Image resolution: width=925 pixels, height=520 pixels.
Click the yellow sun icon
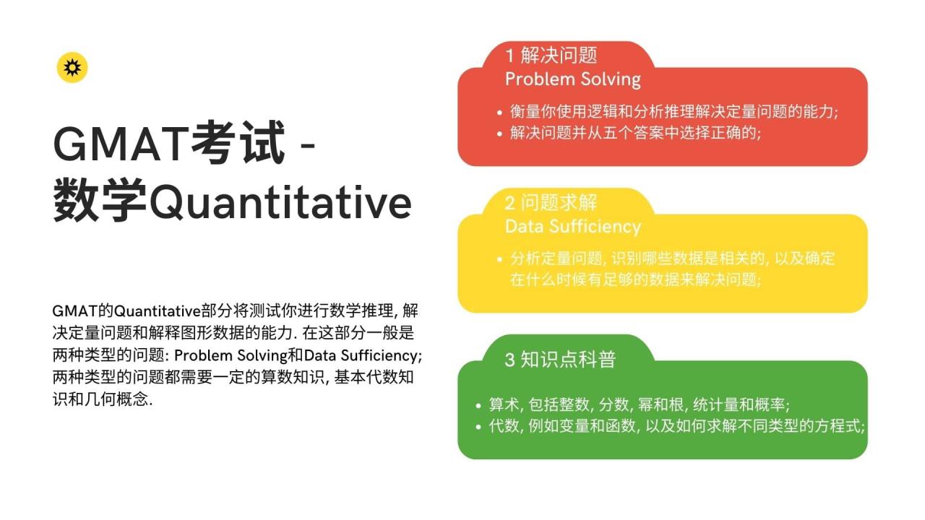click(x=72, y=67)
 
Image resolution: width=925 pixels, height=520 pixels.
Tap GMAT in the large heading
click(x=120, y=144)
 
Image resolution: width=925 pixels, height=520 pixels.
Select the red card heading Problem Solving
click(x=572, y=79)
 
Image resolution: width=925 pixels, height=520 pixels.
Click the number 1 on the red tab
click(x=509, y=56)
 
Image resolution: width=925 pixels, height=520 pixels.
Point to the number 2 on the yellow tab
click(x=510, y=203)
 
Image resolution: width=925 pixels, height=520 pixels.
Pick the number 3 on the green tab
click(x=510, y=359)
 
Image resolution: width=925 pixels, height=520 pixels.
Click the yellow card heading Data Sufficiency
click(x=572, y=226)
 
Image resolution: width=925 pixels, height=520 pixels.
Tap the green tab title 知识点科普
click(x=568, y=359)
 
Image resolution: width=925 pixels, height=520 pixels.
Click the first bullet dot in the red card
click(x=499, y=113)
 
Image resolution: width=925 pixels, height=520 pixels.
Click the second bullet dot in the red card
click(x=499, y=134)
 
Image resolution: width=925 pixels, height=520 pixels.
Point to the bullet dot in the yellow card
click(x=499, y=259)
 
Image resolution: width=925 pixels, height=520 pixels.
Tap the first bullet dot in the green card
click(x=478, y=406)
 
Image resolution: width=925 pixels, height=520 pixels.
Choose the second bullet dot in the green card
click(x=478, y=426)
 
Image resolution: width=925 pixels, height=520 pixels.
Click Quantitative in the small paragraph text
click(x=156, y=311)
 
